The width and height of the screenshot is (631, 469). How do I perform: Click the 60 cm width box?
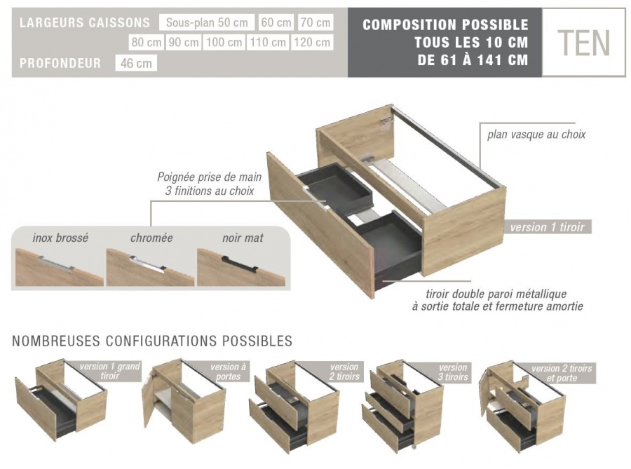(276, 22)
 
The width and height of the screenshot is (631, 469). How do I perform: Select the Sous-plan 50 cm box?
(206, 22)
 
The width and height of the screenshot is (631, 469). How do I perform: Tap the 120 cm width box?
(312, 43)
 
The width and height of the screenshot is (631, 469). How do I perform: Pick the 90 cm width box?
(184, 43)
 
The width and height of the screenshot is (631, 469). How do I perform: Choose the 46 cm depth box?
(136, 64)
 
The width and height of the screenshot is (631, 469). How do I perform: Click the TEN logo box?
(583, 43)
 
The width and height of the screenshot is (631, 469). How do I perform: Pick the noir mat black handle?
(240, 261)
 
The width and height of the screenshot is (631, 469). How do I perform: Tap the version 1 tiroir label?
(547, 227)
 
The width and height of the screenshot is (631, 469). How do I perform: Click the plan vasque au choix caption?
(536, 135)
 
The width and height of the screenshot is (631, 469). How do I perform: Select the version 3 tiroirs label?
(453, 372)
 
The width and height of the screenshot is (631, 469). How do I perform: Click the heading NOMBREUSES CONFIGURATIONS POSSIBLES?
(152, 341)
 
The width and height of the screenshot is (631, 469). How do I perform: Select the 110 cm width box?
(269, 43)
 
